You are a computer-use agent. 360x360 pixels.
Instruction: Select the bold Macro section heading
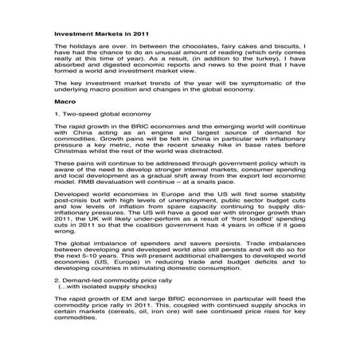(x=65, y=103)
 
